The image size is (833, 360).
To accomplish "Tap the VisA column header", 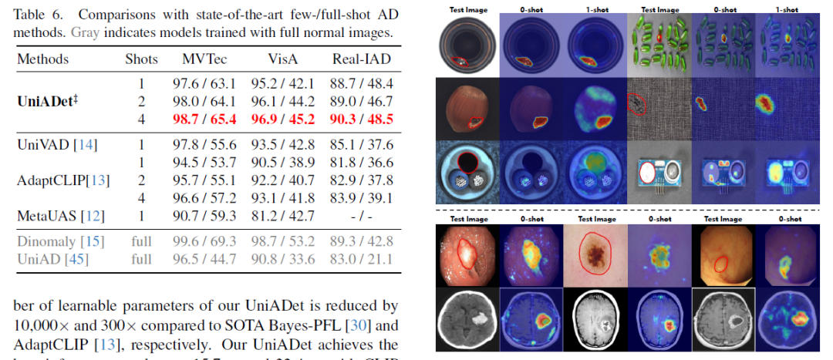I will pos(282,59).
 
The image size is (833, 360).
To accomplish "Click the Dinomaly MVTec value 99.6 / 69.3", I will pos(206,242).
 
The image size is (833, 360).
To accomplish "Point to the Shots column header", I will pos(142,59).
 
